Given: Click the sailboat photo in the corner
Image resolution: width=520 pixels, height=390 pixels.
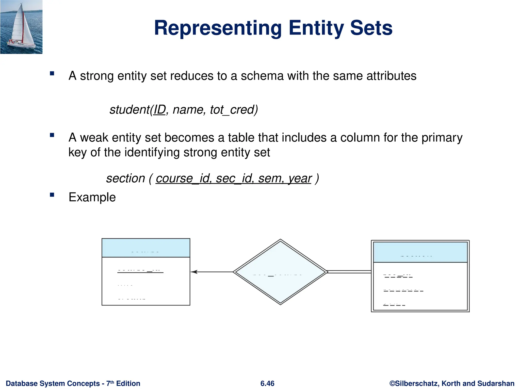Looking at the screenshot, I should click(21, 27).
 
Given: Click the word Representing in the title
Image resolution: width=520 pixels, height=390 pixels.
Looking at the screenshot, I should click(218, 28).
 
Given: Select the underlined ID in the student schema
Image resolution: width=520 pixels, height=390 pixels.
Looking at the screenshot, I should click(159, 110).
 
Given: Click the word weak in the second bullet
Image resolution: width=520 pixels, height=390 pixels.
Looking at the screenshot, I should click(94, 138).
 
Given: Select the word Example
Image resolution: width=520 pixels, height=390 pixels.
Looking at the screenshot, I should click(92, 197).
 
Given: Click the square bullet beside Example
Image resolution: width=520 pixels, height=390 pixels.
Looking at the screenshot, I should click(52, 195).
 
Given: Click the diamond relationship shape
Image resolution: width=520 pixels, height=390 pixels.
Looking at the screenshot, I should click(280, 272).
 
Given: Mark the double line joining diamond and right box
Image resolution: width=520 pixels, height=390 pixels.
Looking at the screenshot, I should click(349, 272).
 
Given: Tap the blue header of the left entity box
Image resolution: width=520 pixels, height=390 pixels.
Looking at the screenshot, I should click(146, 248).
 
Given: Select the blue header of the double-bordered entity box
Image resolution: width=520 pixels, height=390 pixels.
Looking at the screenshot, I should click(420, 252).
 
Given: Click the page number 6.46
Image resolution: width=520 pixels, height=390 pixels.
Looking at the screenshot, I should click(267, 383).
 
